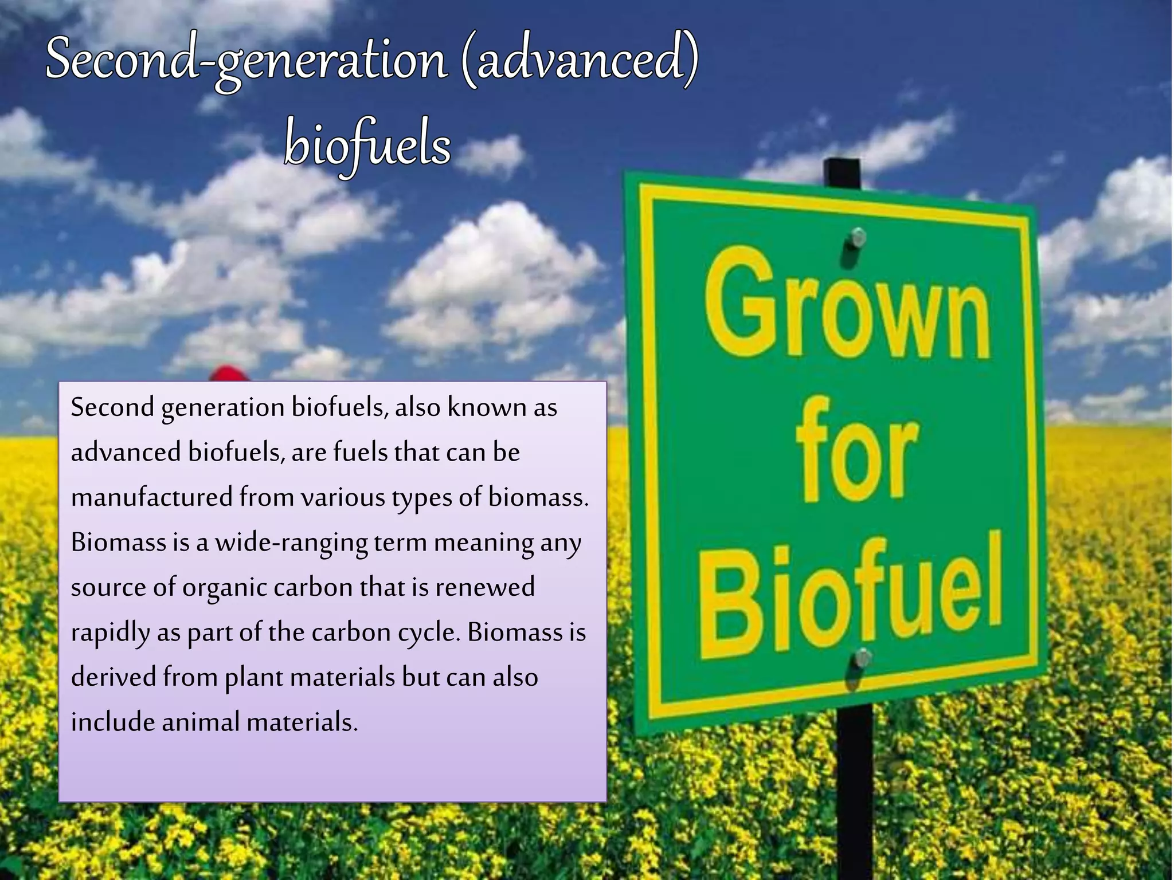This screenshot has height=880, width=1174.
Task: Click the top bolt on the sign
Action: tap(858, 237)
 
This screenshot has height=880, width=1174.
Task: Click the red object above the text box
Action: tap(229, 373)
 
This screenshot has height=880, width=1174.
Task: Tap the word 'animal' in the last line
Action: tap(200, 722)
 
